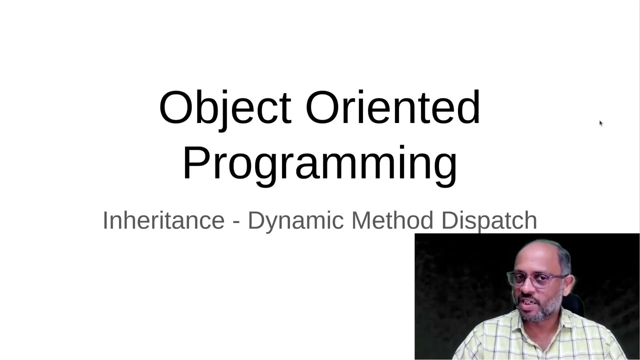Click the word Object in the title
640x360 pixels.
coord(224,108)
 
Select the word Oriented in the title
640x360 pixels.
coord(392,108)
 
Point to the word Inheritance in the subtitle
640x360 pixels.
coord(163,220)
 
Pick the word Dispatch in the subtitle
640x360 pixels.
coord(489,220)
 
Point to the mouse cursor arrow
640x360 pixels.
coord(600,123)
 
